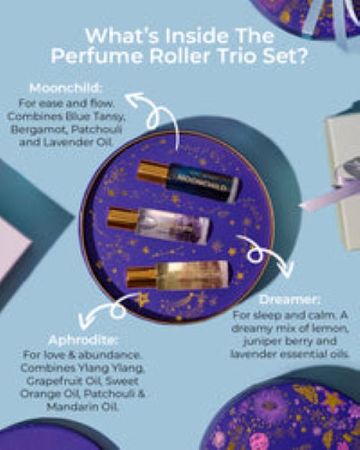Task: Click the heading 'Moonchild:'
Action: pos(67,89)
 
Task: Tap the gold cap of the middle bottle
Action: pos(121,217)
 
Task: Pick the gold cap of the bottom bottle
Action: pos(141,277)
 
